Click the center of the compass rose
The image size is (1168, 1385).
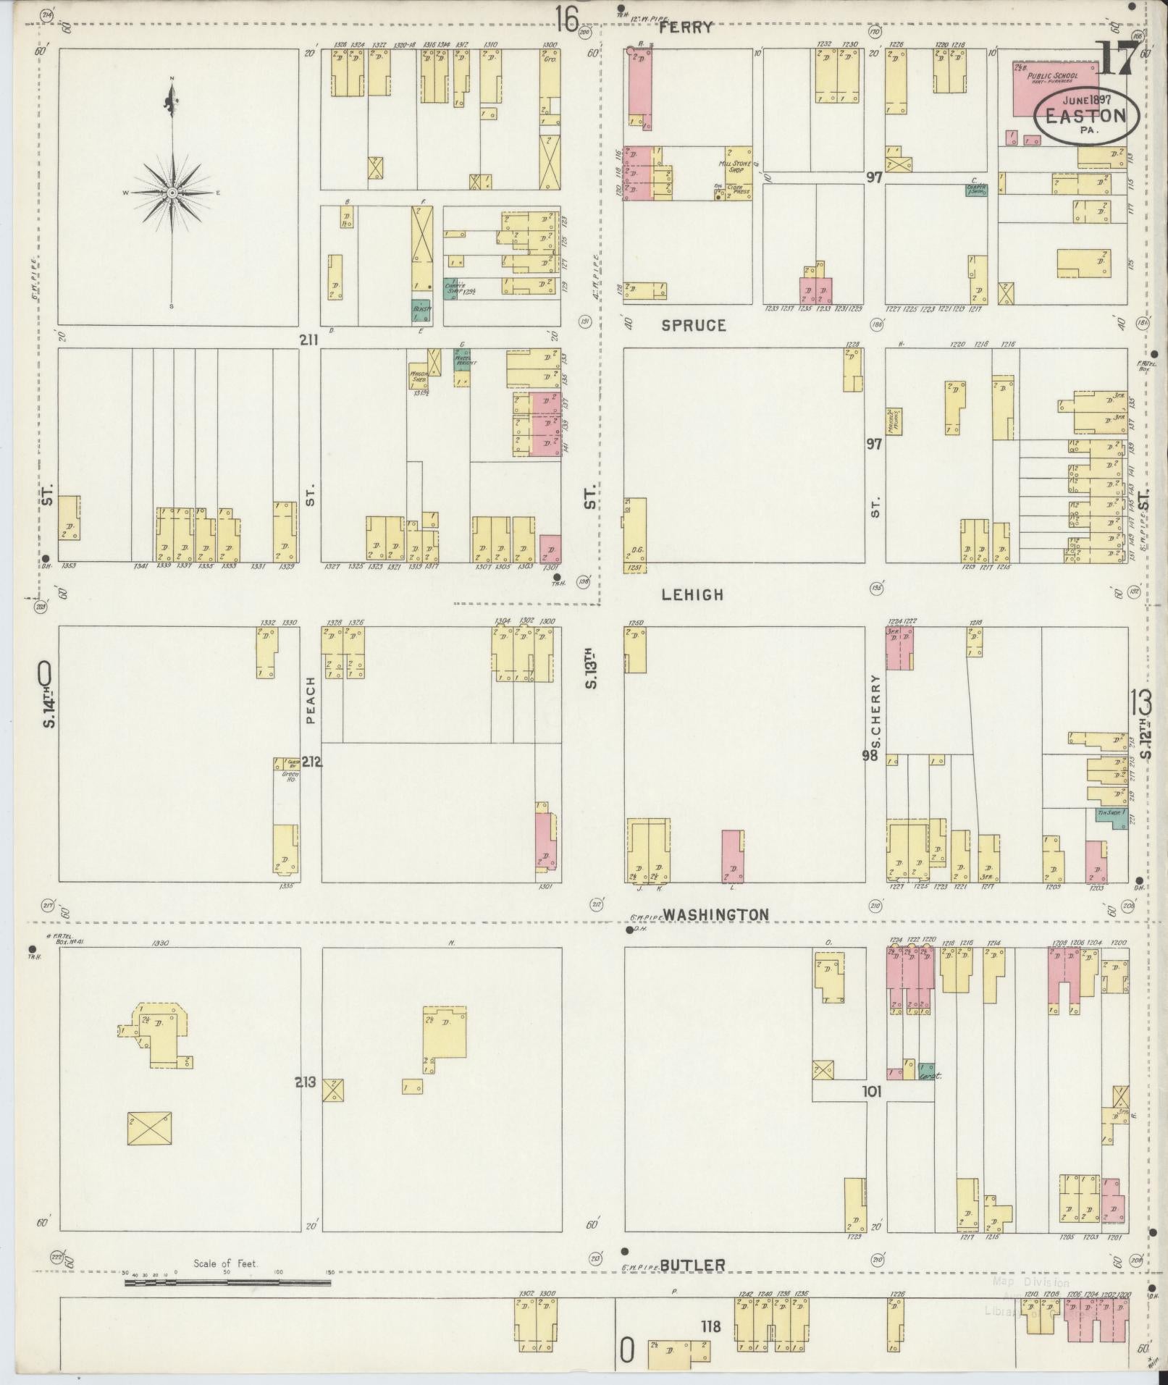tap(172, 193)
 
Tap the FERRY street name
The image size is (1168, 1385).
tap(686, 29)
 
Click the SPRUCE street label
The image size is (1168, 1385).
tap(693, 326)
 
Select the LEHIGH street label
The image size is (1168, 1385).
tap(692, 594)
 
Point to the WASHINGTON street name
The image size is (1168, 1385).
tap(715, 914)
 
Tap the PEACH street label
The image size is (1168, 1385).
tap(311, 701)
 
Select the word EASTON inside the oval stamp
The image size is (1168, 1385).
tap(1085, 116)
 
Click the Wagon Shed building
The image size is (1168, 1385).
tap(418, 376)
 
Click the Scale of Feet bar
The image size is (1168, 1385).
tap(227, 1282)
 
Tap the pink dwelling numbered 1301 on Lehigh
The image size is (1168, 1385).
tap(550, 548)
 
